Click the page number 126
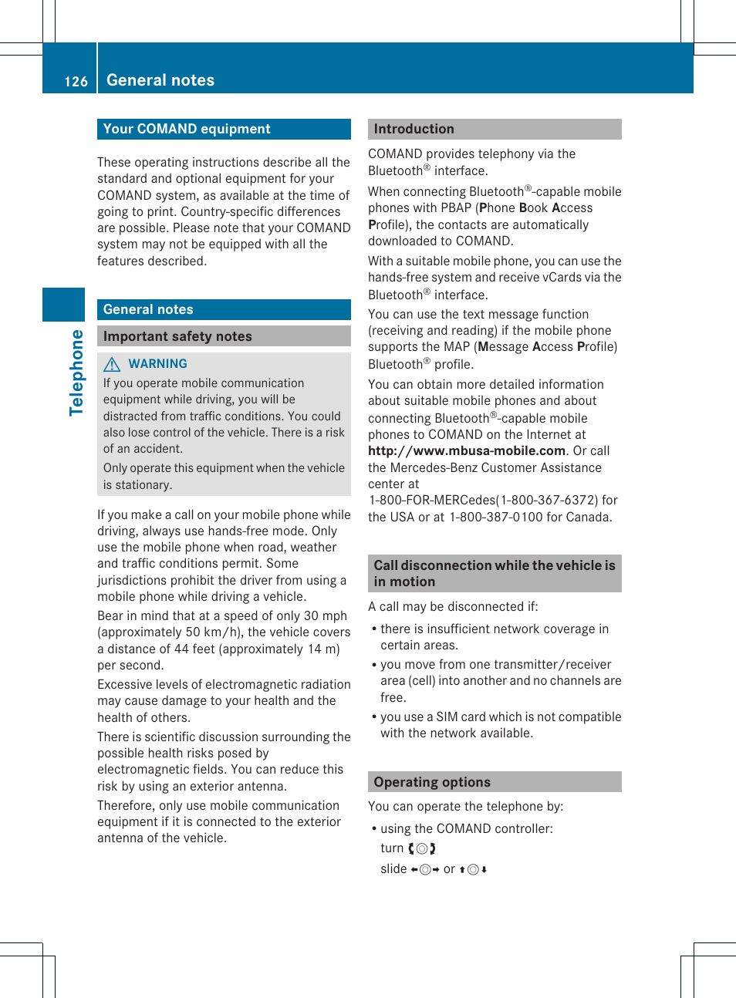click(76, 81)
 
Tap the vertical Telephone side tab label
click(76, 373)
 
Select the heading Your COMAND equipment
click(187, 129)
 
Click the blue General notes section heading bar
click(224, 309)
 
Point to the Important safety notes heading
click(177, 336)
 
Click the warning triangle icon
click(113, 364)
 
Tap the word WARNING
click(157, 363)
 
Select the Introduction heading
click(414, 129)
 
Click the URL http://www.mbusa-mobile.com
click(467, 450)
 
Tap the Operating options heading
click(432, 782)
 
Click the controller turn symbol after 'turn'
click(422, 848)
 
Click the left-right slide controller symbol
click(425, 869)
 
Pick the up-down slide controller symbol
click(473, 869)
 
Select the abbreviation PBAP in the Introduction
click(456, 207)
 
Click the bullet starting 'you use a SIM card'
click(500, 724)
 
